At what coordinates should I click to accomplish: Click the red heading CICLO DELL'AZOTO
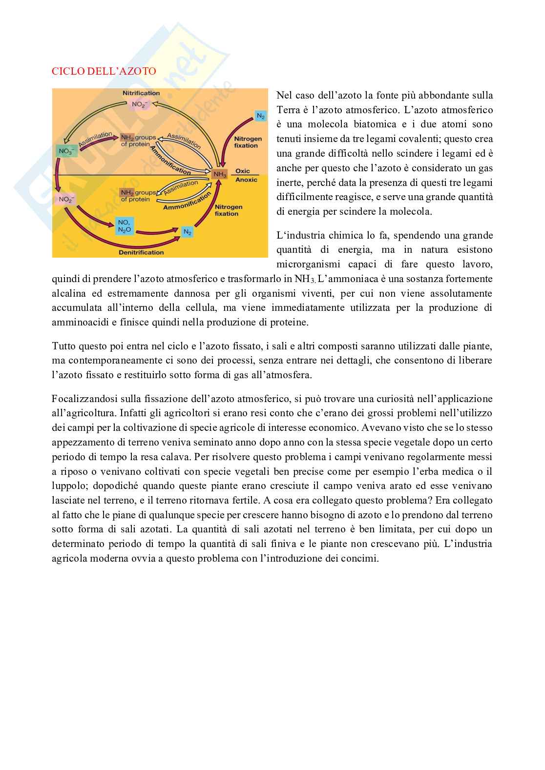(104, 71)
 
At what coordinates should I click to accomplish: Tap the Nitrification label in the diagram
(141, 93)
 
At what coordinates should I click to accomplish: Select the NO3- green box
(66, 151)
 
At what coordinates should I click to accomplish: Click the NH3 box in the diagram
(220, 174)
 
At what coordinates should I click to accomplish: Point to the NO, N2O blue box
(124, 226)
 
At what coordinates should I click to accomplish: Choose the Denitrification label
(141, 252)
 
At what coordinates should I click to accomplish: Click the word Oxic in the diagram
(243, 171)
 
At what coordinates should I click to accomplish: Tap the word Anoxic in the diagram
(246, 180)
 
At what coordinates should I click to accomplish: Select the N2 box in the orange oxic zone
(261, 116)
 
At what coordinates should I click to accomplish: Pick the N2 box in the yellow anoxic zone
(188, 232)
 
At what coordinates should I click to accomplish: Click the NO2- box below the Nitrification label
(140, 104)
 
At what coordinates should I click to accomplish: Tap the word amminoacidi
(78, 323)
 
